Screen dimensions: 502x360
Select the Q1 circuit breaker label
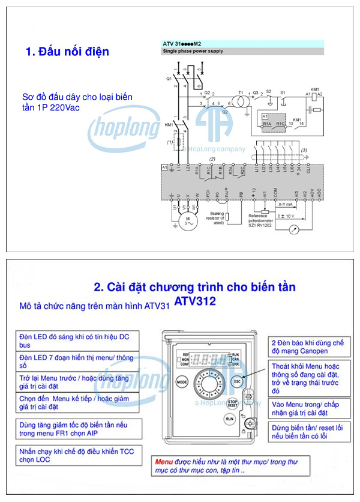pos(169,79)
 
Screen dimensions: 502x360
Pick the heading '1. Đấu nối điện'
pos(67,52)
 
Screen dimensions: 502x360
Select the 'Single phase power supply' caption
pos(193,52)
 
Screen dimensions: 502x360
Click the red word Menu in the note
pos(164,462)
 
